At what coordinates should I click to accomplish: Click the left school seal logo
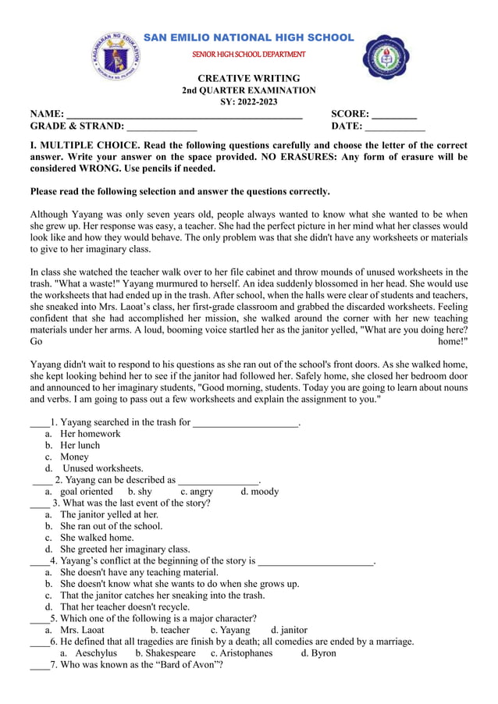116,55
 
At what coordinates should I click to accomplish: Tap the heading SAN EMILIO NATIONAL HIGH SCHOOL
249,37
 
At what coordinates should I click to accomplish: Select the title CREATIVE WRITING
248,79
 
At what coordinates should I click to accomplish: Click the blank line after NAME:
184,115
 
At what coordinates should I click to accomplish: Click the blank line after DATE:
395,126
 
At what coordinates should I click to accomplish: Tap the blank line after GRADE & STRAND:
162,126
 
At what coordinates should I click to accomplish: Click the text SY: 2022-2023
248,102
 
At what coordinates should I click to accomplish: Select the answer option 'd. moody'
259,492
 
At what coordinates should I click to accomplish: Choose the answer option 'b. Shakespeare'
165,652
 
